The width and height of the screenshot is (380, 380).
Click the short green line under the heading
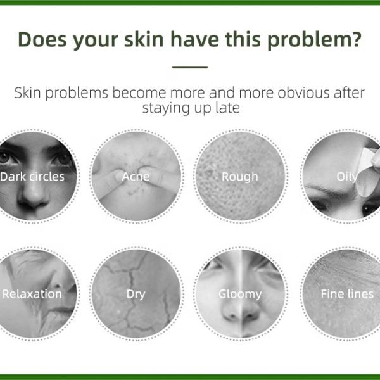(190, 67)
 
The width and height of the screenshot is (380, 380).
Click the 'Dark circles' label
(32, 176)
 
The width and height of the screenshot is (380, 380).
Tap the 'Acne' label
(136, 176)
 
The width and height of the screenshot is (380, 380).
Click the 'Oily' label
(346, 176)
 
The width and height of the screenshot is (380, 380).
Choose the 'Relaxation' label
(32, 294)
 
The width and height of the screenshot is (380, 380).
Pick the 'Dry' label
(136, 294)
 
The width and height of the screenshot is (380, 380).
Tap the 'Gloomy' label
(240, 294)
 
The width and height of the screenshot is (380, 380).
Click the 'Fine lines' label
(347, 294)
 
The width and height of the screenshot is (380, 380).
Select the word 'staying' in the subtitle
(161, 108)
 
